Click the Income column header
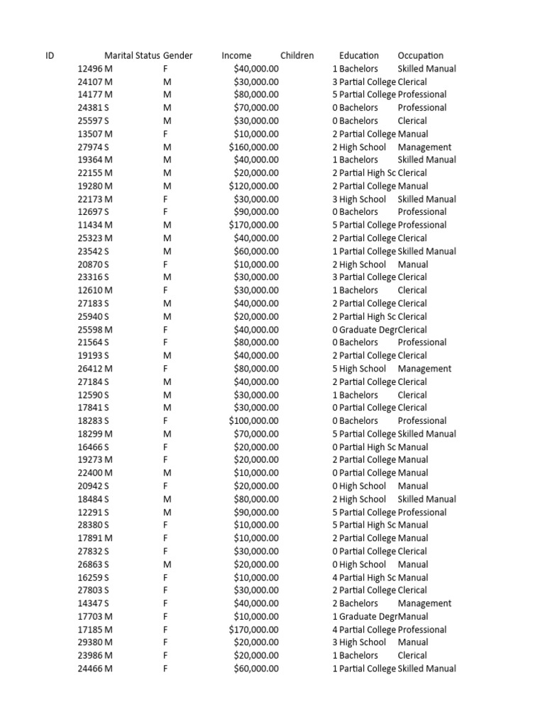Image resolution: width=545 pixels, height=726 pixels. [236, 55]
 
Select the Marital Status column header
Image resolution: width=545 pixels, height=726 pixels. [132, 55]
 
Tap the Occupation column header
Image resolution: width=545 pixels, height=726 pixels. [420, 55]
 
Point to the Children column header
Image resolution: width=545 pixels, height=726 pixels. [297, 55]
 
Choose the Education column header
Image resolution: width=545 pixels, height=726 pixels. [358, 55]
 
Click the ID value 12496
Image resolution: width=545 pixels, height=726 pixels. [90, 69]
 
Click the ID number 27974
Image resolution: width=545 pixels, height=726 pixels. [90, 147]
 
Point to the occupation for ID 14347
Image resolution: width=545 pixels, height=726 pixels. [424, 603]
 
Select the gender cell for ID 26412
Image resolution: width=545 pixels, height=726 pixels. [165, 369]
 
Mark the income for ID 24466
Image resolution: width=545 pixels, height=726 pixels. [255, 669]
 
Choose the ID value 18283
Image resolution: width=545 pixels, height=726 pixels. [90, 420]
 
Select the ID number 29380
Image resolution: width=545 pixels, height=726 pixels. [90, 642]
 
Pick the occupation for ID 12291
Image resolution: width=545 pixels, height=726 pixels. [422, 512]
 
